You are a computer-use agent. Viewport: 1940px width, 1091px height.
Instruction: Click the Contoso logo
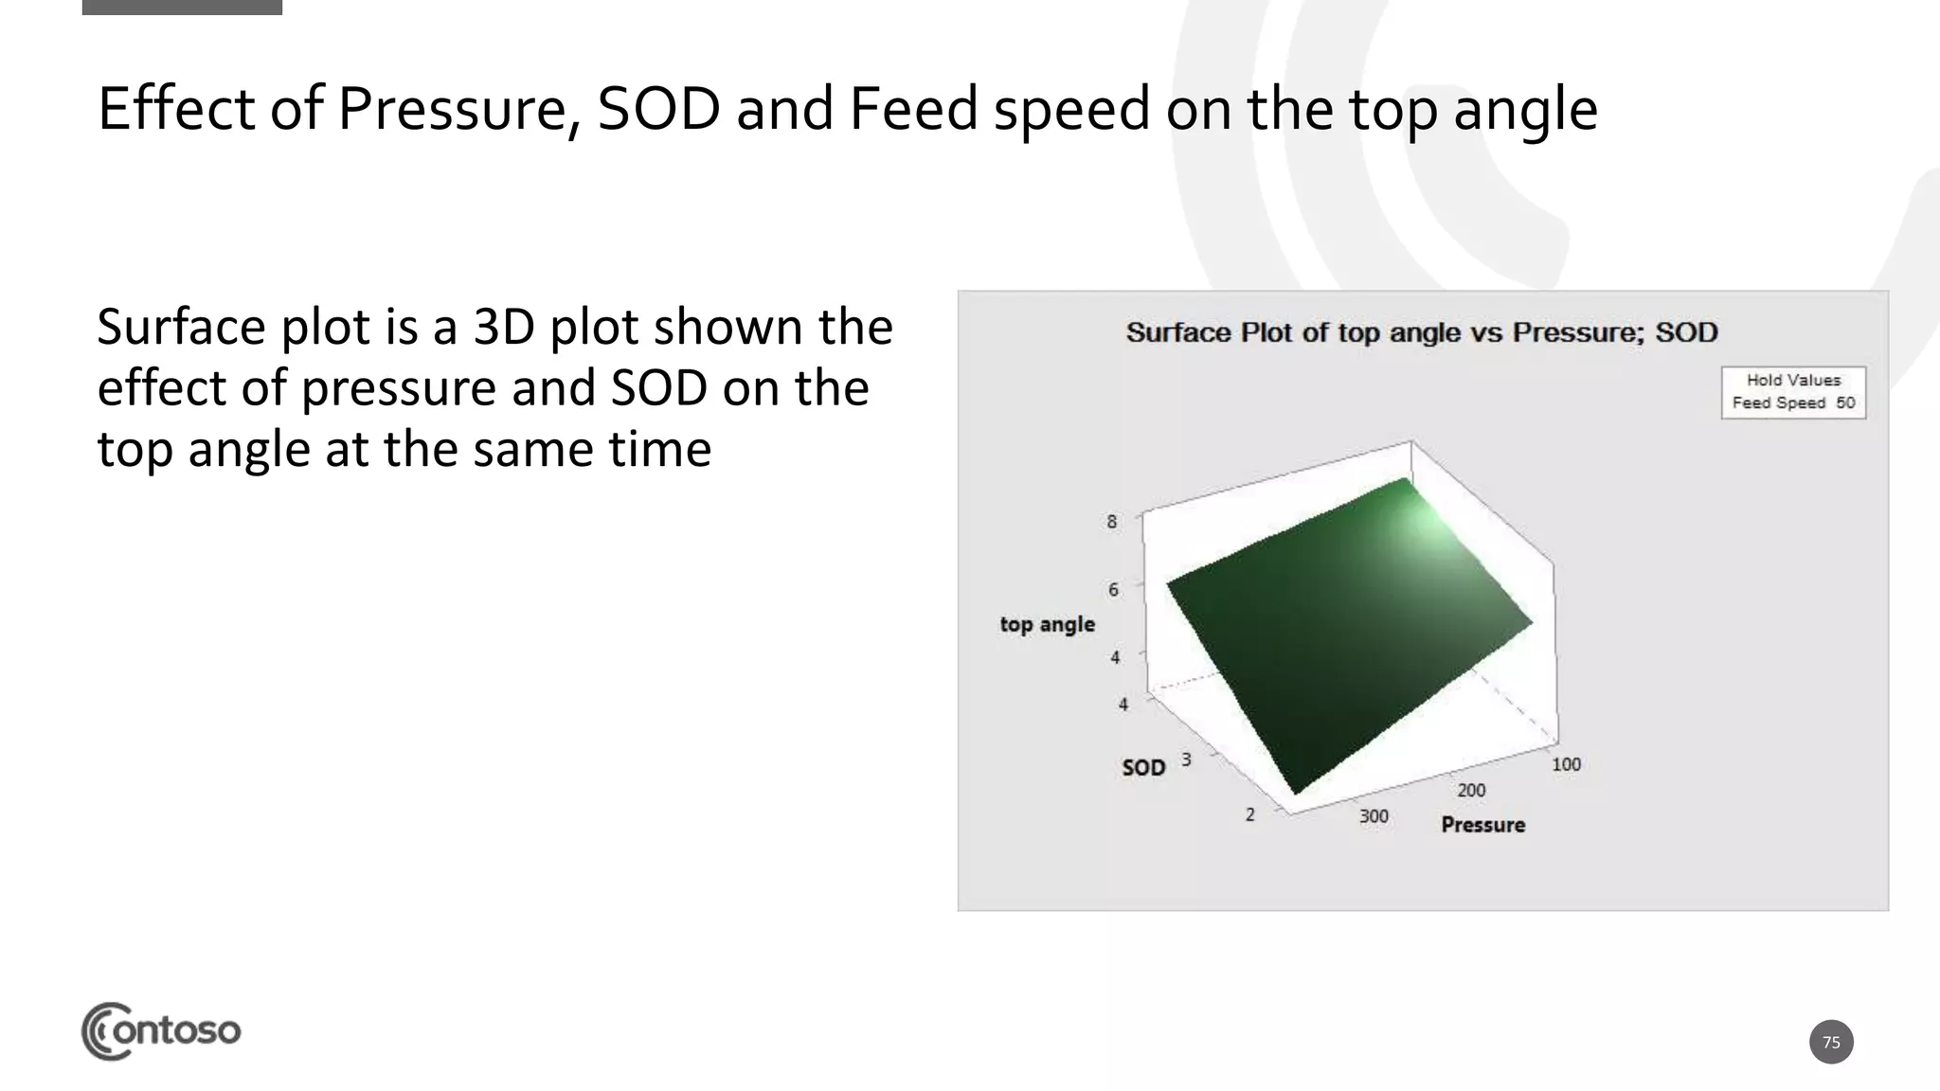coord(161,1030)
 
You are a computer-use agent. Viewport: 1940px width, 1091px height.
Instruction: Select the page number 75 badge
coord(1830,1042)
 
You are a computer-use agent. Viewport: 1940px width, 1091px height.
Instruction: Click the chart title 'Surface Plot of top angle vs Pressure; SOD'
coord(1421,332)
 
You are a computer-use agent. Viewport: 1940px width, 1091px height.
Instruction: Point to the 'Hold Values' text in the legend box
coord(1793,380)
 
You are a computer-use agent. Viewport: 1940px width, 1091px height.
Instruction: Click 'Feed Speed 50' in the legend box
coord(1793,403)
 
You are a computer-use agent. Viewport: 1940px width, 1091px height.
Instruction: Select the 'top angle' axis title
coord(1047,624)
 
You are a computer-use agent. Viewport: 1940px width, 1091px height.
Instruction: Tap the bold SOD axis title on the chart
coord(1143,767)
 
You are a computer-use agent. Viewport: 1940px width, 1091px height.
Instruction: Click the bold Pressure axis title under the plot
coord(1482,825)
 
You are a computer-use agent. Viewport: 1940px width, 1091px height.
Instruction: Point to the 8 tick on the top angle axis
coord(1112,522)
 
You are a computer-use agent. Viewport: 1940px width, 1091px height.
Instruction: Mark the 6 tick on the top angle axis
coord(1113,589)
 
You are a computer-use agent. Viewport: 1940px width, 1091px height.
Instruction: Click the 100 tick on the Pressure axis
coord(1566,764)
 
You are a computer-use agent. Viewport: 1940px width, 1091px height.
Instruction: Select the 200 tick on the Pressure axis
coord(1471,790)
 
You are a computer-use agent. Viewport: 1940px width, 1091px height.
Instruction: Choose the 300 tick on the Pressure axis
coord(1374,815)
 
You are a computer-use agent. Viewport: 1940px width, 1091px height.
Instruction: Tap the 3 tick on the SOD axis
coord(1186,760)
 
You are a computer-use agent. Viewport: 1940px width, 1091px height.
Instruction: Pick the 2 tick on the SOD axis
coord(1250,814)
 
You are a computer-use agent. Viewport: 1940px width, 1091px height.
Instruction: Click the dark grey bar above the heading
coord(182,7)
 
